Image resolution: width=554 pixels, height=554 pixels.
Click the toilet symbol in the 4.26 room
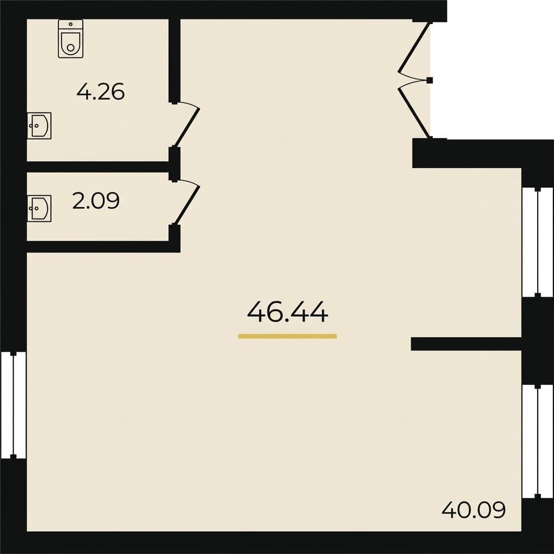[x=70, y=43]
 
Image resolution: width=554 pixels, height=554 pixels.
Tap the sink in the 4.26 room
[x=39, y=126]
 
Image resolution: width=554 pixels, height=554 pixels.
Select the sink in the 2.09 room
[x=39, y=208]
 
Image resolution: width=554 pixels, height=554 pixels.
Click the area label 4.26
[x=101, y=92]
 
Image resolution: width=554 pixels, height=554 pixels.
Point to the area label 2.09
[x=96, y=201]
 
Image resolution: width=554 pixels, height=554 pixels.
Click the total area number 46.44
[x=287, y=312]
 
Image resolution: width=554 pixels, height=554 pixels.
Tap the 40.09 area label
[x=473, y=510]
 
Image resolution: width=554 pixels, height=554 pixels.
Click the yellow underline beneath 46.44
[x=287, y=336]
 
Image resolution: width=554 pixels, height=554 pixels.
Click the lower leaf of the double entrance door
[x=414, y=111]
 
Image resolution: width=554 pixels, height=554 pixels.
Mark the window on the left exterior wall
[x=13, y=405]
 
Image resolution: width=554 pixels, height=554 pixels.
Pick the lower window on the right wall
[x=537, y=441]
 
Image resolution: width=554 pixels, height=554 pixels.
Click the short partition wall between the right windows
[x=465, y=344]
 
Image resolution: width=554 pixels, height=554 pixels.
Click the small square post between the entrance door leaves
[x=430, y=81]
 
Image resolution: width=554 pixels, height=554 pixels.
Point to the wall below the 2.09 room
[x=103, y=247]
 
